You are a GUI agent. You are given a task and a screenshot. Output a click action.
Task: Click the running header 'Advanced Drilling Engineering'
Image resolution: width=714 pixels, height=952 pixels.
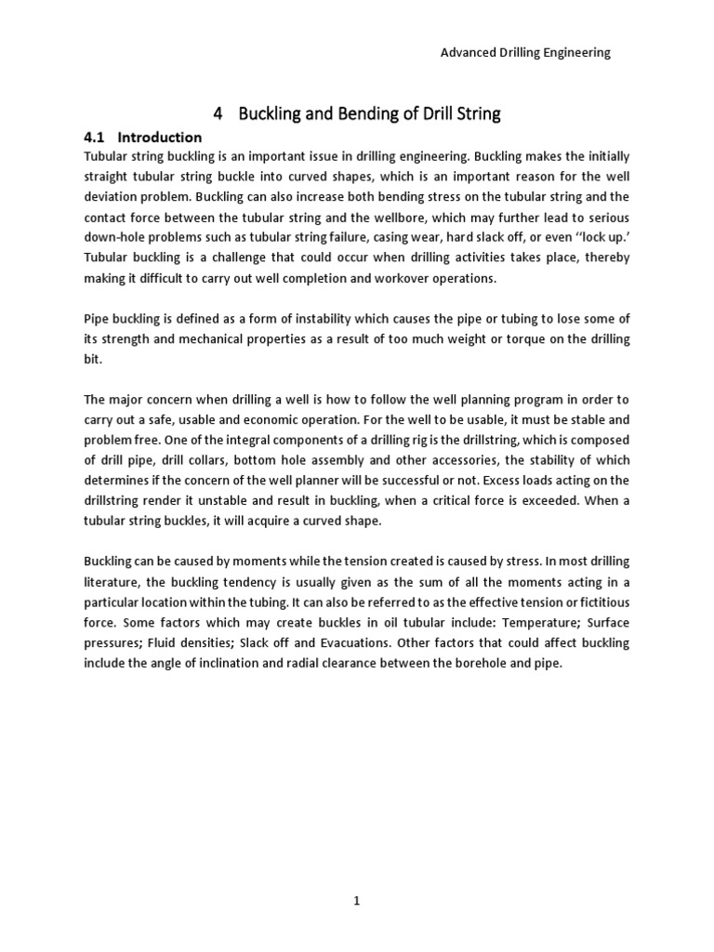pyautogui.click(x=524, y=53)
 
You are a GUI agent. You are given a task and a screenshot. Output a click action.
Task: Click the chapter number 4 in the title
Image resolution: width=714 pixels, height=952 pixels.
pyautogui.click(x=218, y=114)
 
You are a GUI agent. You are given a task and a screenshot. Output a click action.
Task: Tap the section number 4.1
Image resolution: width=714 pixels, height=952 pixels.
pyautogui.click(x=96, y=137)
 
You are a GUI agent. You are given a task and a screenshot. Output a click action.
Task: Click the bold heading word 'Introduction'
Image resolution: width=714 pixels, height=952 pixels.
pyautogui.click(x=160, y=137)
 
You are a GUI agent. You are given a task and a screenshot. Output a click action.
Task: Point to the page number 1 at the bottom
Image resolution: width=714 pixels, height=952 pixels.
pyautogui.click(x=357, y=901)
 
